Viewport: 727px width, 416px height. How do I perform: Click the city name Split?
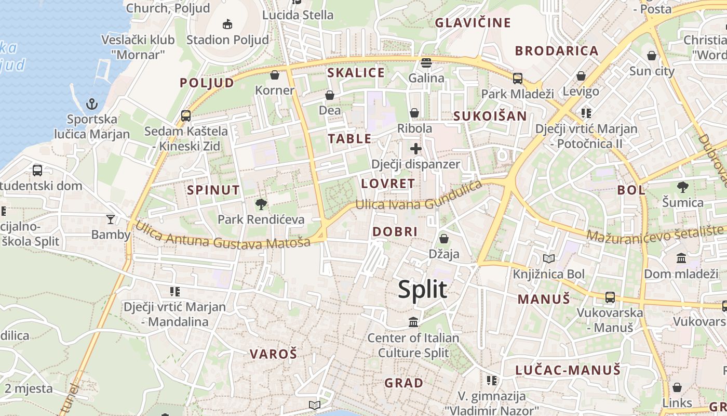(422, 289)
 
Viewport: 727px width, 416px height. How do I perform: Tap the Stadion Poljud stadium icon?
(227, 24)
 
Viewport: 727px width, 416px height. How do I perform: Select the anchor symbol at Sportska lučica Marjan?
(92, 104)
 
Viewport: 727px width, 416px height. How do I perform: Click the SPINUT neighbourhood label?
(213, 190)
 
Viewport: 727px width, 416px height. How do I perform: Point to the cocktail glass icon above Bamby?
(111, 219)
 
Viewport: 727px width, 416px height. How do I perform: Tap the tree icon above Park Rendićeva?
(261, 204)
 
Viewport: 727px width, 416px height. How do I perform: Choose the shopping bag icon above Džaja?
(443, 239)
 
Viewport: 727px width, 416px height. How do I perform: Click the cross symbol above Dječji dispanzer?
(415, 149)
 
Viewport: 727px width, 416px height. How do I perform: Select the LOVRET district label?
(388, 184)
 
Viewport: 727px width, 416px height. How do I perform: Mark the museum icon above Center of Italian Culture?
(413, 322)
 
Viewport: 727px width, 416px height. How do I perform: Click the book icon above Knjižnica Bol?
(549, 258)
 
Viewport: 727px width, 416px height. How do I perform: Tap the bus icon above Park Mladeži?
(517, 79)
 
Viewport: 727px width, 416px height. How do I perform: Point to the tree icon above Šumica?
(683, 187)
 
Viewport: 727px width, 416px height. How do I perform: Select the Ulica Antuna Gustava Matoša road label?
(223, 237)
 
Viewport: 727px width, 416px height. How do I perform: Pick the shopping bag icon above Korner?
(275, 75)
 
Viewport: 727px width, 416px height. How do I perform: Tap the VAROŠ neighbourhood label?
(273, 354)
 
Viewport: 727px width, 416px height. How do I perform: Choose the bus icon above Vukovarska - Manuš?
(610, 297)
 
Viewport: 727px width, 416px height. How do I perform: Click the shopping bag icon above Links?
(677, 387)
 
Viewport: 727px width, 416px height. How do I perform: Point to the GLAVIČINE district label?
(473, 23)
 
